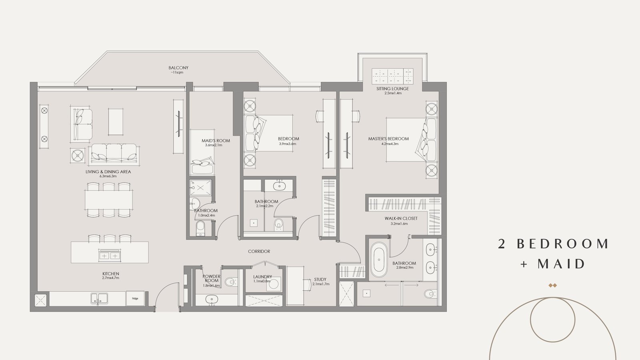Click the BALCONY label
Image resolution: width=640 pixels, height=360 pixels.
178,68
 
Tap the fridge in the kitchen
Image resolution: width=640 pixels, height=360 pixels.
135,298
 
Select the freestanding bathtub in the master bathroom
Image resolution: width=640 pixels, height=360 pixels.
379,260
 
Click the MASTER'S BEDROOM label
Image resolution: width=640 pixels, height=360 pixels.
388,138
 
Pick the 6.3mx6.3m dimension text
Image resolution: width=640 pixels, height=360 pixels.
108,176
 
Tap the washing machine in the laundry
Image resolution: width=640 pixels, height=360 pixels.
274,284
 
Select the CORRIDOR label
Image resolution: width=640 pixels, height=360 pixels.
259,252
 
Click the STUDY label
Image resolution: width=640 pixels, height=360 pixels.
320,280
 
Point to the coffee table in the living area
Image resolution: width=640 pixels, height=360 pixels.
116,122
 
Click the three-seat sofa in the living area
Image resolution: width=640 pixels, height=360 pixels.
114,154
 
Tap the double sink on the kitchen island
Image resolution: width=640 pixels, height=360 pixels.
110,256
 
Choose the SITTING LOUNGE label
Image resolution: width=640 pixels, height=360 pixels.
392,88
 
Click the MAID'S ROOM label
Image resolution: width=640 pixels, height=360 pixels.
216,140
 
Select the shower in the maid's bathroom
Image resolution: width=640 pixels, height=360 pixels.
200,188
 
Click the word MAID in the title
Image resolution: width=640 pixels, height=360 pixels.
561,264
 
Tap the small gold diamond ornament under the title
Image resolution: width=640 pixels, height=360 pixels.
553,285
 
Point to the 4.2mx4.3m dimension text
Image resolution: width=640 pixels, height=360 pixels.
390,144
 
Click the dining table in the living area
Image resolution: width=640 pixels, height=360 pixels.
108,200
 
